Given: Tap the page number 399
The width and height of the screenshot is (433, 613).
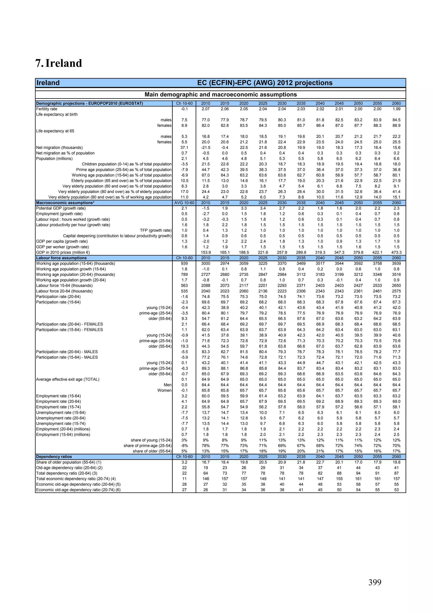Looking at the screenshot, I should pyautogui.click(x=375, y=582).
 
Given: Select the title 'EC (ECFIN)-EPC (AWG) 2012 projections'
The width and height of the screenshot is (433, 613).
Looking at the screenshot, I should pyautogui.click(x=265, y=83).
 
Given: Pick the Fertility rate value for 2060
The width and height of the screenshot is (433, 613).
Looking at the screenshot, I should pyautogui.click(x=396, y=109).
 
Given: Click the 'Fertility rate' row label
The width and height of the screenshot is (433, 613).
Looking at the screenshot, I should pyautogui.click(x=47, y=109).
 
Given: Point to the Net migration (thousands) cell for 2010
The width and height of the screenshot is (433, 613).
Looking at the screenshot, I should pyautogui.click(x=206, y=148).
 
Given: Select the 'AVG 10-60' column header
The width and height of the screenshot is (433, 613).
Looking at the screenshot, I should pyautogui.click(x=184, y=203).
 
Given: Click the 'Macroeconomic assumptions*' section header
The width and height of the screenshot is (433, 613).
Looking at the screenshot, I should pyautogui.click(x=65, y=203).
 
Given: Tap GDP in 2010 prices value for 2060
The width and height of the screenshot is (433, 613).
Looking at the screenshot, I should pyautogui.click(x=396, y=253).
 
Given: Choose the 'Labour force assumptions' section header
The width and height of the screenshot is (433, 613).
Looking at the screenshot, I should pyautogui.click(x=61, y=258).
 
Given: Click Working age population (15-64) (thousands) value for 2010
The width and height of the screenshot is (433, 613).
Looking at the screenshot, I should pyautogui.click(x=206, y=263).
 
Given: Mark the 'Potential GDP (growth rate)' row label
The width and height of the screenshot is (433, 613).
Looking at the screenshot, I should pyautogui.click(x=61, y=208).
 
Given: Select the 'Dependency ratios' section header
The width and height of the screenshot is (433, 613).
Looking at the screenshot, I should pyautogui.click(x=54, y=457).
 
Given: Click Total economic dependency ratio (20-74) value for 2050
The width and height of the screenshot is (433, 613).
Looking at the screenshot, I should pyautogui.click(x=358, y=479).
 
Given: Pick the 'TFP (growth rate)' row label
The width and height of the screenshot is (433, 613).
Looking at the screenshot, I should pyautogui.click(x=156, y=230).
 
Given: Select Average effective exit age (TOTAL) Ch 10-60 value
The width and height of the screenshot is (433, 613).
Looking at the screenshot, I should pyautogui.click(x=184, y=379).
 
